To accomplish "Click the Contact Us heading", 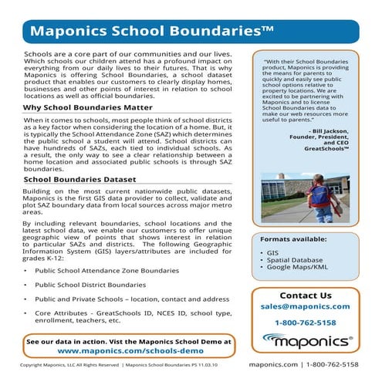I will click(305, 295).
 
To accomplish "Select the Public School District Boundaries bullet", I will click(100, 285).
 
